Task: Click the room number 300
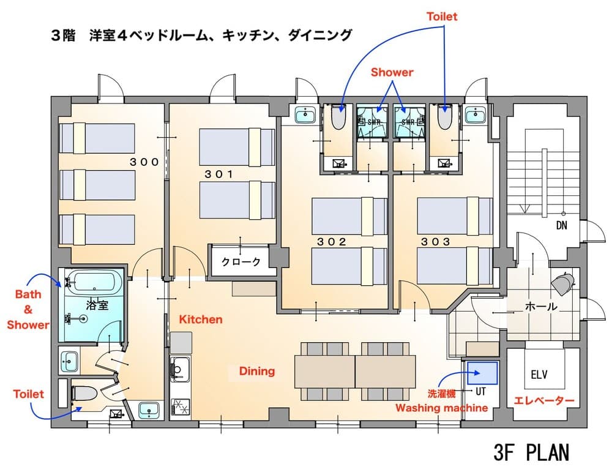[x=144, y=162]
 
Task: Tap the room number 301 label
[x=218, y=174]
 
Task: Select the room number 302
[x=332, y=242]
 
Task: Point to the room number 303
[x=435, y=242]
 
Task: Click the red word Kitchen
[x=200, y=320]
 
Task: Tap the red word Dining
[x=256, y=371]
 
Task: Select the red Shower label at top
[x=392, y=72]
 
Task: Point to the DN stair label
[x=561, y=225]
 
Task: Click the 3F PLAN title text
[x=531, y=452]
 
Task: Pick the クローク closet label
[x=241, y=262]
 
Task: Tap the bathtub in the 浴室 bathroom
[x=95, y=283]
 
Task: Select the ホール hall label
[x=541, y=307]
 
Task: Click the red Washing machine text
[x=441, y=408]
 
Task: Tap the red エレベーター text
[x=544, y=401]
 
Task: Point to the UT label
[x=480, y=389]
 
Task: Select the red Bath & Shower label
[x=28, y=310]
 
